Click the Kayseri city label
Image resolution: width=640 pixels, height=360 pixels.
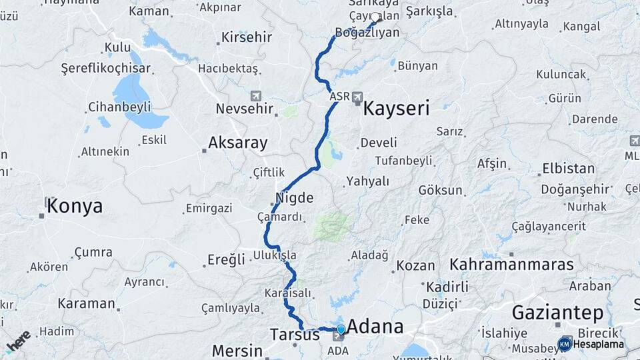(396, 108)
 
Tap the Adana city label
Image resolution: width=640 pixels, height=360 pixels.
(375, 327)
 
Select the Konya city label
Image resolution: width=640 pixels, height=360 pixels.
(75, 205)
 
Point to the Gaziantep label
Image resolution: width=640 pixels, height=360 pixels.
(557, 312)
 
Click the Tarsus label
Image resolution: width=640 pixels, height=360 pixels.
(295, 334)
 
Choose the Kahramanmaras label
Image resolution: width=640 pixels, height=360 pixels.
(511, 264)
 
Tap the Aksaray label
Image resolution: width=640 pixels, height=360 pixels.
(237, 142)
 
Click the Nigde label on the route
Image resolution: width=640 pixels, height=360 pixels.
(294, 197)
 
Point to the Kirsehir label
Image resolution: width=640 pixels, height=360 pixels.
(247, 37)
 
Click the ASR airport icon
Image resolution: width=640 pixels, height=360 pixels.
(358, 97)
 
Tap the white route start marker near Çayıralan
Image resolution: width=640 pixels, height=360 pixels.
(375, 18)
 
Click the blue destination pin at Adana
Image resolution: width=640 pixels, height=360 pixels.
(341, 329)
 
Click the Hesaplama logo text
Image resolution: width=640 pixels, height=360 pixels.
(598, 344)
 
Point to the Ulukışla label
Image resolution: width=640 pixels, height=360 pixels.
(275, 255)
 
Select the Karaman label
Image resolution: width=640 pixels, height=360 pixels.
(86, 303)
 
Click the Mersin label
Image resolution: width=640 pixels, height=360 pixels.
(237, 351)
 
